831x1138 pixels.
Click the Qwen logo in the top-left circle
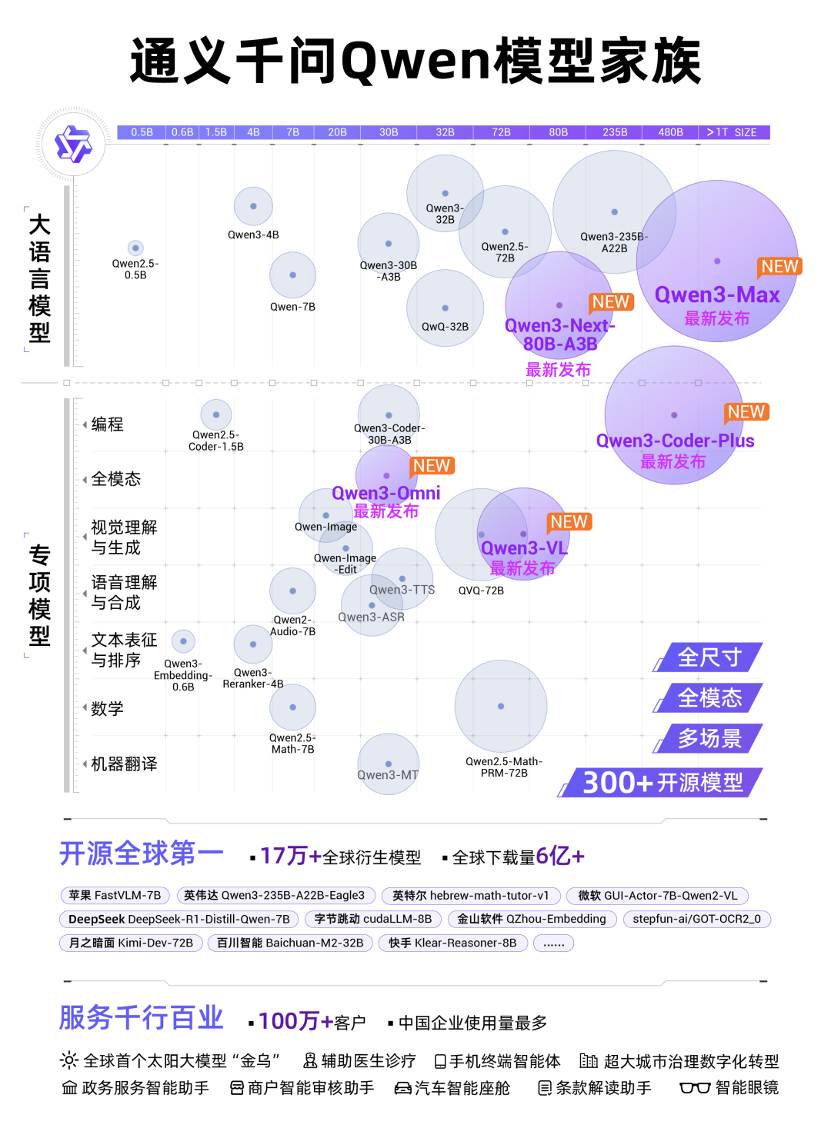[73, 145]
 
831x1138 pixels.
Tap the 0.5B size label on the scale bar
[142, 132]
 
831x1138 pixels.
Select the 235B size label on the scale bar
[614, 132]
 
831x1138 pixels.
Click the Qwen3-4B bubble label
[253, 235]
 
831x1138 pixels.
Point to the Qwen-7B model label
[292, 307]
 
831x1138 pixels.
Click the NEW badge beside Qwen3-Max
[779, 267]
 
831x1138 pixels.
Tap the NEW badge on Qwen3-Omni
[432, 466]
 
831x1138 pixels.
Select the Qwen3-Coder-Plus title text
[675, 441]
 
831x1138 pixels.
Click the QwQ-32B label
[445, 327]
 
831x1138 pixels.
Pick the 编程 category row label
[107, 424]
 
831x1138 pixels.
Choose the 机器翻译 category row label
[124, 764]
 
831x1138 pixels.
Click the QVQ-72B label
[481, 591]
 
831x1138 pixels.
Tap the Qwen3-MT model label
[388, 775]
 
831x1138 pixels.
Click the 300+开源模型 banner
[662, 783]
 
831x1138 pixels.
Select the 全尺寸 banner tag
[709, 657]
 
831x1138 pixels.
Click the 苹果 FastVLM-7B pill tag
[115, 896]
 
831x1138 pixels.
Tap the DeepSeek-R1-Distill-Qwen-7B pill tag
[179, 920]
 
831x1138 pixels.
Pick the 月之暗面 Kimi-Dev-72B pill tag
[131, 943]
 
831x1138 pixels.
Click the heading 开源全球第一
[142, 853]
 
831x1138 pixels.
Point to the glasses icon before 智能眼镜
[694, 1088]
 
